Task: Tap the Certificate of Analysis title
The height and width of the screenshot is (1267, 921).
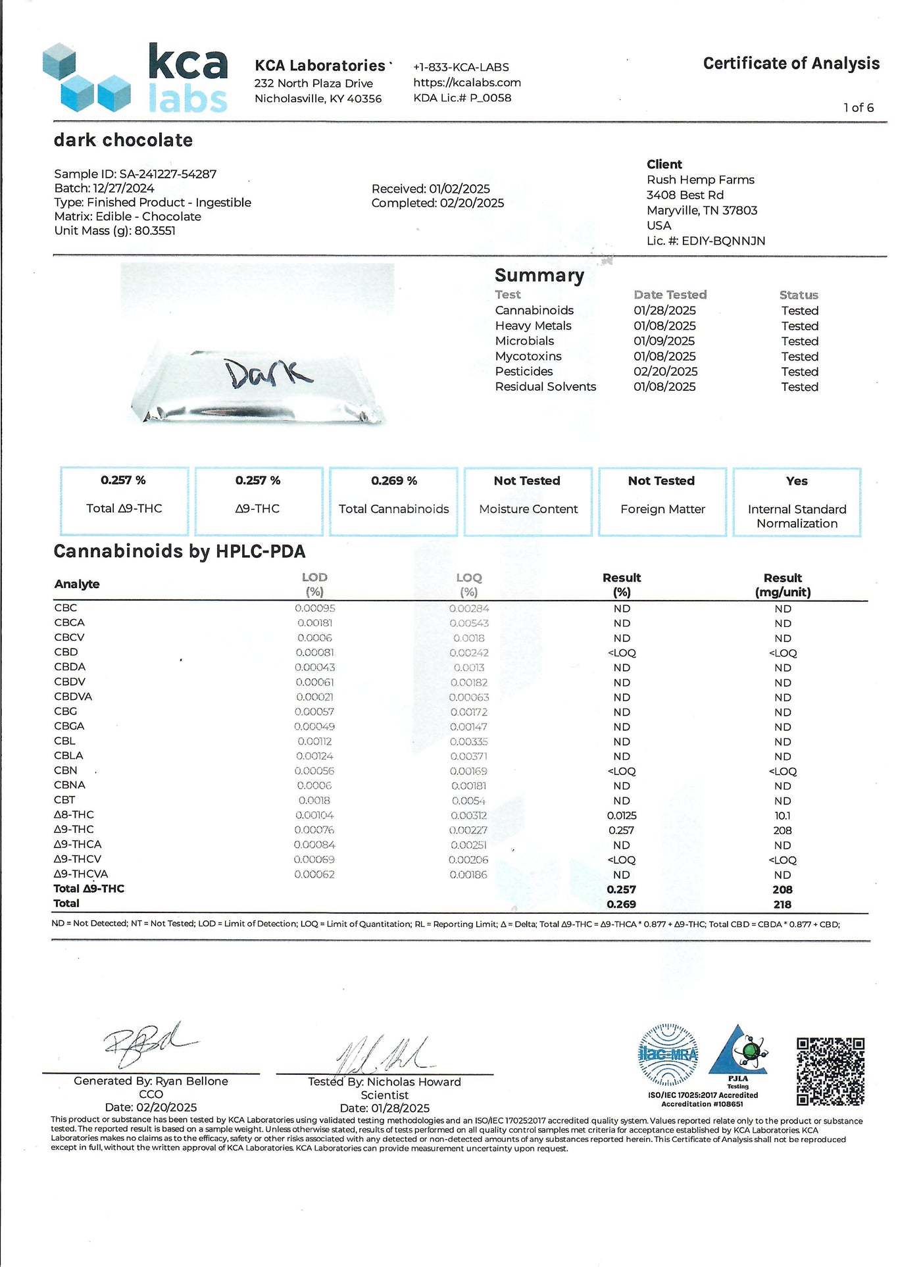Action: [791, 63]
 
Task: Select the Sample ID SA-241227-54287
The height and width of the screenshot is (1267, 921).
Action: [167, 174]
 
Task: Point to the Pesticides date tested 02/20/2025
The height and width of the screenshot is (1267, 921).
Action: [664, 372]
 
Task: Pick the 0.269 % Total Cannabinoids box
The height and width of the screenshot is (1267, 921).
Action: [393, 501]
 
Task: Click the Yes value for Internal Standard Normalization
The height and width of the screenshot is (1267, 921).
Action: [796, 481]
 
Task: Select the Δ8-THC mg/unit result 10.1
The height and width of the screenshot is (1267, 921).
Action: [782, 816]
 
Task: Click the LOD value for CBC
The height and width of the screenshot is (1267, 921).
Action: [314, 609]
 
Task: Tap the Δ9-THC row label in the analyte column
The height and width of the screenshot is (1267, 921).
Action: [74, 830]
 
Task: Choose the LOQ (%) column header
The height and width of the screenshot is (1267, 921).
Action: [469, 584]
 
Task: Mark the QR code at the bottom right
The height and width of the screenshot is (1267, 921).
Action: [830, 1072]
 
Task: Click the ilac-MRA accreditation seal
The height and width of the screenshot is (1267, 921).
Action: [668, 1055]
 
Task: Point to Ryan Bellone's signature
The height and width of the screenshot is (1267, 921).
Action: [148, 1044]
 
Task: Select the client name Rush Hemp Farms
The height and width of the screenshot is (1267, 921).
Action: [700, 180]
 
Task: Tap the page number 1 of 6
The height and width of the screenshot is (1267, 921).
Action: [859, 108]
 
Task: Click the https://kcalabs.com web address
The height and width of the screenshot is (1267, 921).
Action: [466, 83]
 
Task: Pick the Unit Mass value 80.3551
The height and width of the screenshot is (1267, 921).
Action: [155, 231]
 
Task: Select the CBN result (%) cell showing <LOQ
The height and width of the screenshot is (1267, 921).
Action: [621, 771]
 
